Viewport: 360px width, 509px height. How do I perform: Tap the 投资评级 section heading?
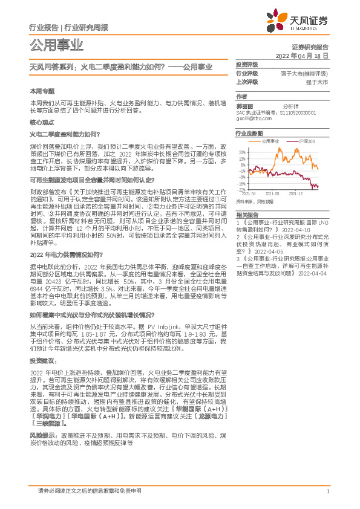[246, 63]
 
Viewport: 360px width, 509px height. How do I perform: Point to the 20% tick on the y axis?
[243, 152]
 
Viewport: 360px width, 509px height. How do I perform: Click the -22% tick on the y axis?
[242, 189]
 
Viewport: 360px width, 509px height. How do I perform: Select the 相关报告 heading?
[246, 215]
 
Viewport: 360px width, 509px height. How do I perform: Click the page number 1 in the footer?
[327, 491]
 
